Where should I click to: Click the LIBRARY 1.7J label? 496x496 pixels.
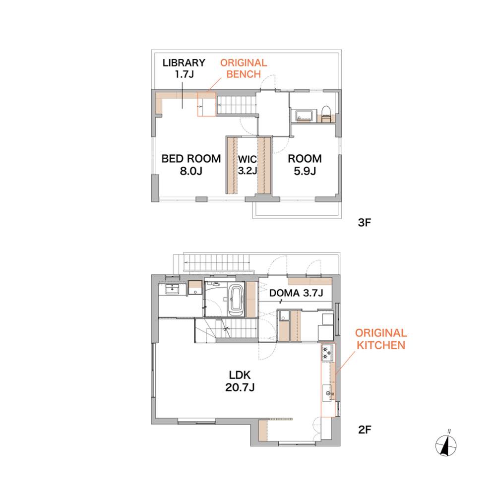(184, 68)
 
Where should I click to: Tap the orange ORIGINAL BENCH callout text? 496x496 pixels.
(244, 68)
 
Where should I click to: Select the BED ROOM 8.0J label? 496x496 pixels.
(191, 165)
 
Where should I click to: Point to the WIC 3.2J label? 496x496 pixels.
(248, 165)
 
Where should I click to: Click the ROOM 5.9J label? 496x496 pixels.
(305, 165)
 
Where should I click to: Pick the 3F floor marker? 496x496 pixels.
(364, 222)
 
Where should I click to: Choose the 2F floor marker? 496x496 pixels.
(365, 430)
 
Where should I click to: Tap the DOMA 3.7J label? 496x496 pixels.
(296, 293)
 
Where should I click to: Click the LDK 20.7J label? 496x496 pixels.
(240, 381)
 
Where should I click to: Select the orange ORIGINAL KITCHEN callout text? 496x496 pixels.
(381, 339)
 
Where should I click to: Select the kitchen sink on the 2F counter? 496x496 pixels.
(328, 393)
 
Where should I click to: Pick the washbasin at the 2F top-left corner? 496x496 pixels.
(172, 289)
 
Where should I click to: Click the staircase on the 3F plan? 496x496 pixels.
(236, 105)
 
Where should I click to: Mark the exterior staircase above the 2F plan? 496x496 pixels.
(218, 262)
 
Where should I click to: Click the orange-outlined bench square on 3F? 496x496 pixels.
(206, 104)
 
